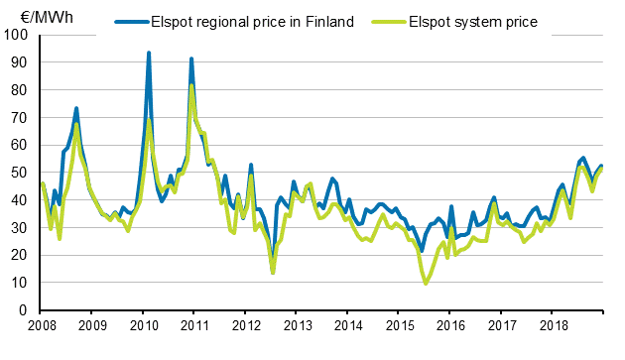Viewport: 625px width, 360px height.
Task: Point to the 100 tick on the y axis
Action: [x=18, y=35]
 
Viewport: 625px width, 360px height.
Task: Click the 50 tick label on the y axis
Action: [x=21, y=173]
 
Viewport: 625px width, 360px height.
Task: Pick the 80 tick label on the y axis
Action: [x=21, y=90]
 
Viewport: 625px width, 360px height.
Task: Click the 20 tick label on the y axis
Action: [x=21, y=256]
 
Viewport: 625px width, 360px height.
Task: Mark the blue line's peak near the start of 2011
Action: [x=191, y=59]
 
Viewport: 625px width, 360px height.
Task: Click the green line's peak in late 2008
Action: [x=76, y=124]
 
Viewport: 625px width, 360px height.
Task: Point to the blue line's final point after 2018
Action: [x=602, y=166]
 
